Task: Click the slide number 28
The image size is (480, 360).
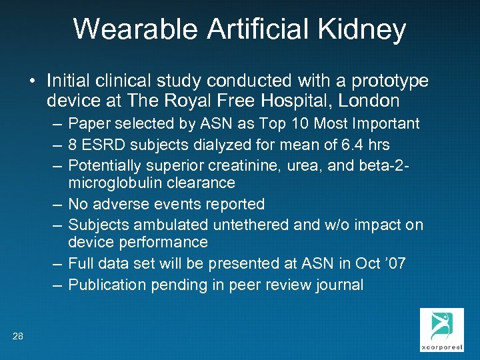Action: [18, 337]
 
